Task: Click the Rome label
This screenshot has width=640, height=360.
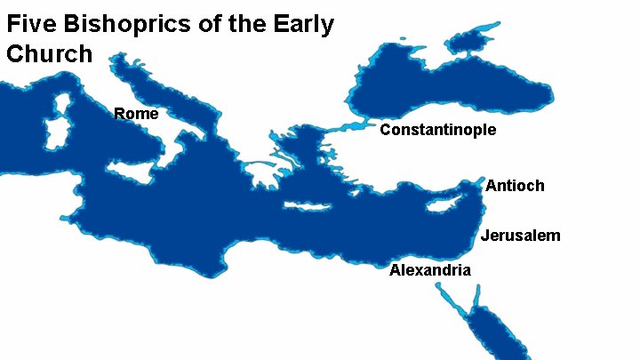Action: coord(136,114)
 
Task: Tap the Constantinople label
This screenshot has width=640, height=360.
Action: coord(437,131)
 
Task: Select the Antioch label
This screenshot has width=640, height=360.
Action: coord(515,186)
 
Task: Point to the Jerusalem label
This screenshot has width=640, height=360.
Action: coord(521,236)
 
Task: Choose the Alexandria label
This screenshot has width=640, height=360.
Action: coord(430,270)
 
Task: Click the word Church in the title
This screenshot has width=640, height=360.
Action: coord(49,53)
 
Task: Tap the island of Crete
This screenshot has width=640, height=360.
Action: coord(307,207)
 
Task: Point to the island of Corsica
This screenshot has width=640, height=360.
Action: coord(62,101)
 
